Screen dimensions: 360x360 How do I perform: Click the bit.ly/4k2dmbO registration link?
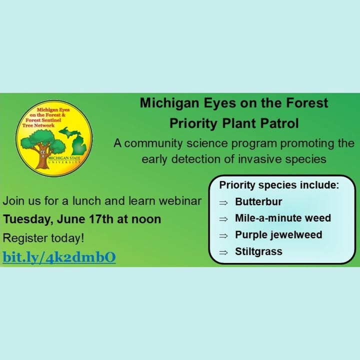pyautogui.click(x=59, y=257)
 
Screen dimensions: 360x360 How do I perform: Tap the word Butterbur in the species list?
pyautogui.click(x=258, y=202)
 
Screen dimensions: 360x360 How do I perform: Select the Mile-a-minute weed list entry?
pyautogui.click(x=283, y=218)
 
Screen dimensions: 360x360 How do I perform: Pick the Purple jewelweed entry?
pyautogui.click(x=278, y=235)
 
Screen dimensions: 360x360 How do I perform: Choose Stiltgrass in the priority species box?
pyautogui.click(x=258, y=251)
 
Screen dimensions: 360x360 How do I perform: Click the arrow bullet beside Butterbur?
pyautogui.click(x=223, y=202)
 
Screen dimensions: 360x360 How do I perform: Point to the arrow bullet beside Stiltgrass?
pyautogui.click(x=223, y=252)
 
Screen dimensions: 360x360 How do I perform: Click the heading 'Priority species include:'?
pyautogui.click(x=279, y=185)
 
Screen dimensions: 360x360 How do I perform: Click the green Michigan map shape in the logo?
pyautogui.click(x=74, y=142)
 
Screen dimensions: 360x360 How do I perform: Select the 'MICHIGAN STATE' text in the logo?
pyautogui.click(x=64, y=158)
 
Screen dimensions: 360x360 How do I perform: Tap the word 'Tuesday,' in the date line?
pyautogui.click(x=28, y=219)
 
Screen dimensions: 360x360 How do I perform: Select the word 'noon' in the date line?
pyautogui.click(x=146, y=219)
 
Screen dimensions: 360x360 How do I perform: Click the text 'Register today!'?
pyautogui.click(x=43, y=238)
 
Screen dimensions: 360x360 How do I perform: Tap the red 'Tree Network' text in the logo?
pyautogui.click(x=38, y=125)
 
